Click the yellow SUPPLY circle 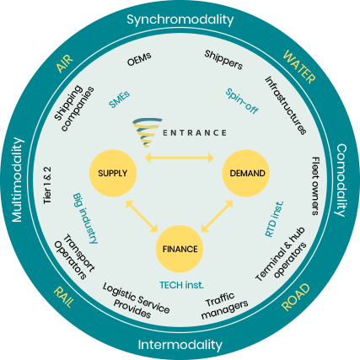113,173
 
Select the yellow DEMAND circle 246,173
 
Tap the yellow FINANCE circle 180,249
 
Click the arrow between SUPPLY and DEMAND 180,158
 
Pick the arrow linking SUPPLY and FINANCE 142,216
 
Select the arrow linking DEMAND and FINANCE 218,216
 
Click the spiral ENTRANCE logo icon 148,132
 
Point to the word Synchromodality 180,19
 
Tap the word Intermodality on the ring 180,345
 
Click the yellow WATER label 299,67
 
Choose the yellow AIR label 65,63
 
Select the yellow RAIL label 64,297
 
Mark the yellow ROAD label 296,298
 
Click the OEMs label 139,59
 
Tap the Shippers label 223,60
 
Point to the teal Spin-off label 242,101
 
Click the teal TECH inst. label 181,285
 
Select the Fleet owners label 315,186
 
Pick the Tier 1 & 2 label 47,185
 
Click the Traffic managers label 223,305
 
